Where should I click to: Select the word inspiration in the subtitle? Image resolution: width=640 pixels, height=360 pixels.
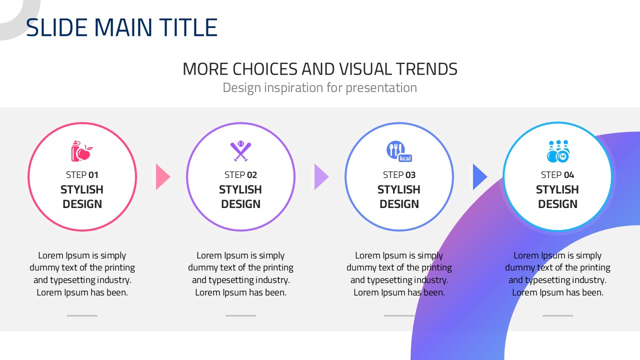click(x=293, y=87)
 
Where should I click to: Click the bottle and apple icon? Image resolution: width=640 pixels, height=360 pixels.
click(x=81, y=151)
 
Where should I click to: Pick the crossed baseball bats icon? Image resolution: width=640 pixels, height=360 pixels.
click(x=240, y=151)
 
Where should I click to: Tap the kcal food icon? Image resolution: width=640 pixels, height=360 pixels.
click(x=399, y=151)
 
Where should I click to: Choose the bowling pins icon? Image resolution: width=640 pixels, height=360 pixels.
click(x=558, y=151)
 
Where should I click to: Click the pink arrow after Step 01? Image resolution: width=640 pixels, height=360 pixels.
click(x=163, y=177)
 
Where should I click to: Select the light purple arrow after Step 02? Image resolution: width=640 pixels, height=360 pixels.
click(x=321, y=177)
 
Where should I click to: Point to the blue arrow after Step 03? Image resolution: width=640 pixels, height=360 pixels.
click(x=480, y=177)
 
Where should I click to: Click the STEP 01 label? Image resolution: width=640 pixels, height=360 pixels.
click(x=82, y=175)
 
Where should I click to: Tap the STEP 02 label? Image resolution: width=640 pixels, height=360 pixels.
click(x=240, y=175)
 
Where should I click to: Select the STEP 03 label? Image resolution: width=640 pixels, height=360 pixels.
click(x=399, y=175)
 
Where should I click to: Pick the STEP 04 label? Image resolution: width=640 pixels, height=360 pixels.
click(x=557, y=175)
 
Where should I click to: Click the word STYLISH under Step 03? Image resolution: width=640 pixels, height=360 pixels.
click(x=399, y=189)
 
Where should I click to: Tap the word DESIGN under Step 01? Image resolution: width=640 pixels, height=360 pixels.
click(x=82, y=204)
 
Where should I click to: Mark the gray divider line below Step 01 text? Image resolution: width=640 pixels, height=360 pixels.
click(x=82, y=315)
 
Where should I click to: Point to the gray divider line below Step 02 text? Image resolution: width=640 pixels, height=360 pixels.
click(x=240, y=315)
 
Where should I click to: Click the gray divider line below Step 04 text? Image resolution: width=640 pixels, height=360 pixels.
click(x=557, y=315)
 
